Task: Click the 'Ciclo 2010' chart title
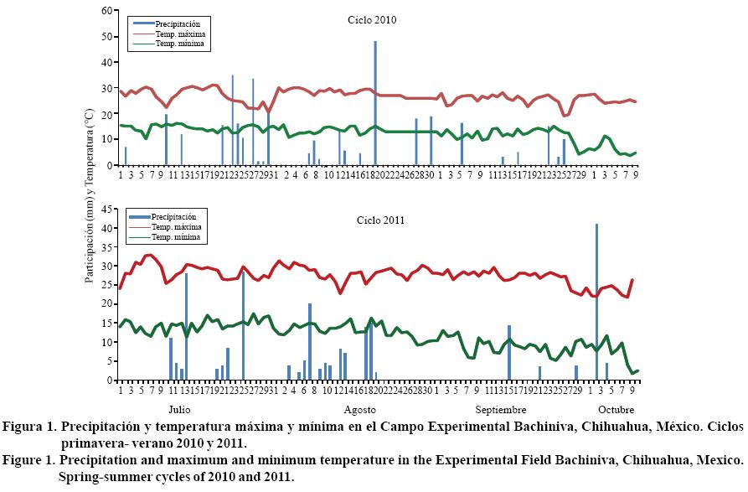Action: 372,20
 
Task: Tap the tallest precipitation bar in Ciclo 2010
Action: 375,102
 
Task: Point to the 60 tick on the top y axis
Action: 106,10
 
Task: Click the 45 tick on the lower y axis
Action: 106,210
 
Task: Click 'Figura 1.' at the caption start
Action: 29,427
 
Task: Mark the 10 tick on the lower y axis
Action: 106,342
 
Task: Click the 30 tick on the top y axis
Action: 106,88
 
